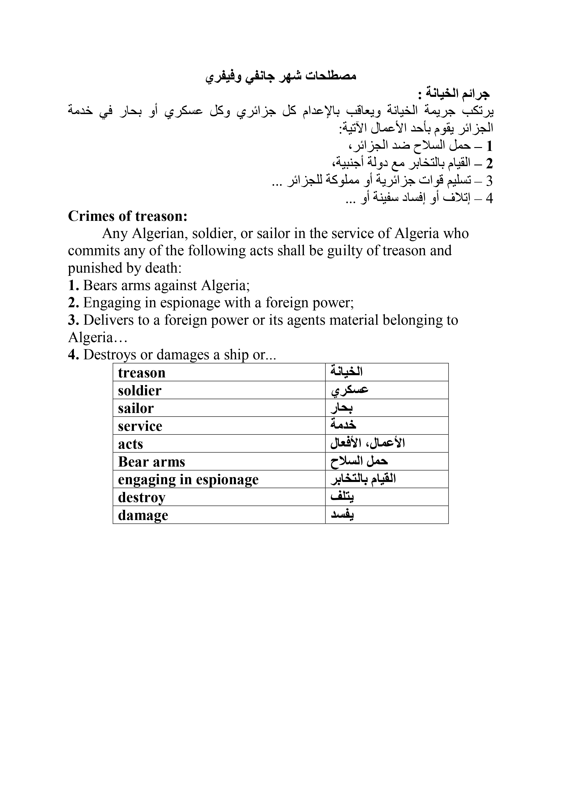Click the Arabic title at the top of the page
pyautogui.click(x=281, y=77)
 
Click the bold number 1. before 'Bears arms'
pyautogui.click(x=74, y=286)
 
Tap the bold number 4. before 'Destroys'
pyautogui.click(x=74, y=355)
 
